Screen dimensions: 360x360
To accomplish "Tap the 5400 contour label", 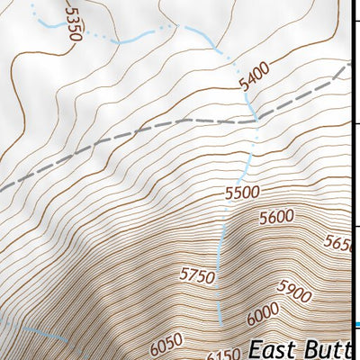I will click(256, 77).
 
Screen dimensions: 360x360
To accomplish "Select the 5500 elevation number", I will click(242, 192).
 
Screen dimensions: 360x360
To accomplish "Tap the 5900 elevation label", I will click(294, 291).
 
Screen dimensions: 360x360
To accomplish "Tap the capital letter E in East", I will click(256, 348).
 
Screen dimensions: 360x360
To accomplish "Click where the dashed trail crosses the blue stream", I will click(255, 118).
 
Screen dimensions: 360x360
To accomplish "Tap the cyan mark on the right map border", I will click(357, 325).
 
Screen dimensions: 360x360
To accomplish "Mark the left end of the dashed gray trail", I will click(3, 189).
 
